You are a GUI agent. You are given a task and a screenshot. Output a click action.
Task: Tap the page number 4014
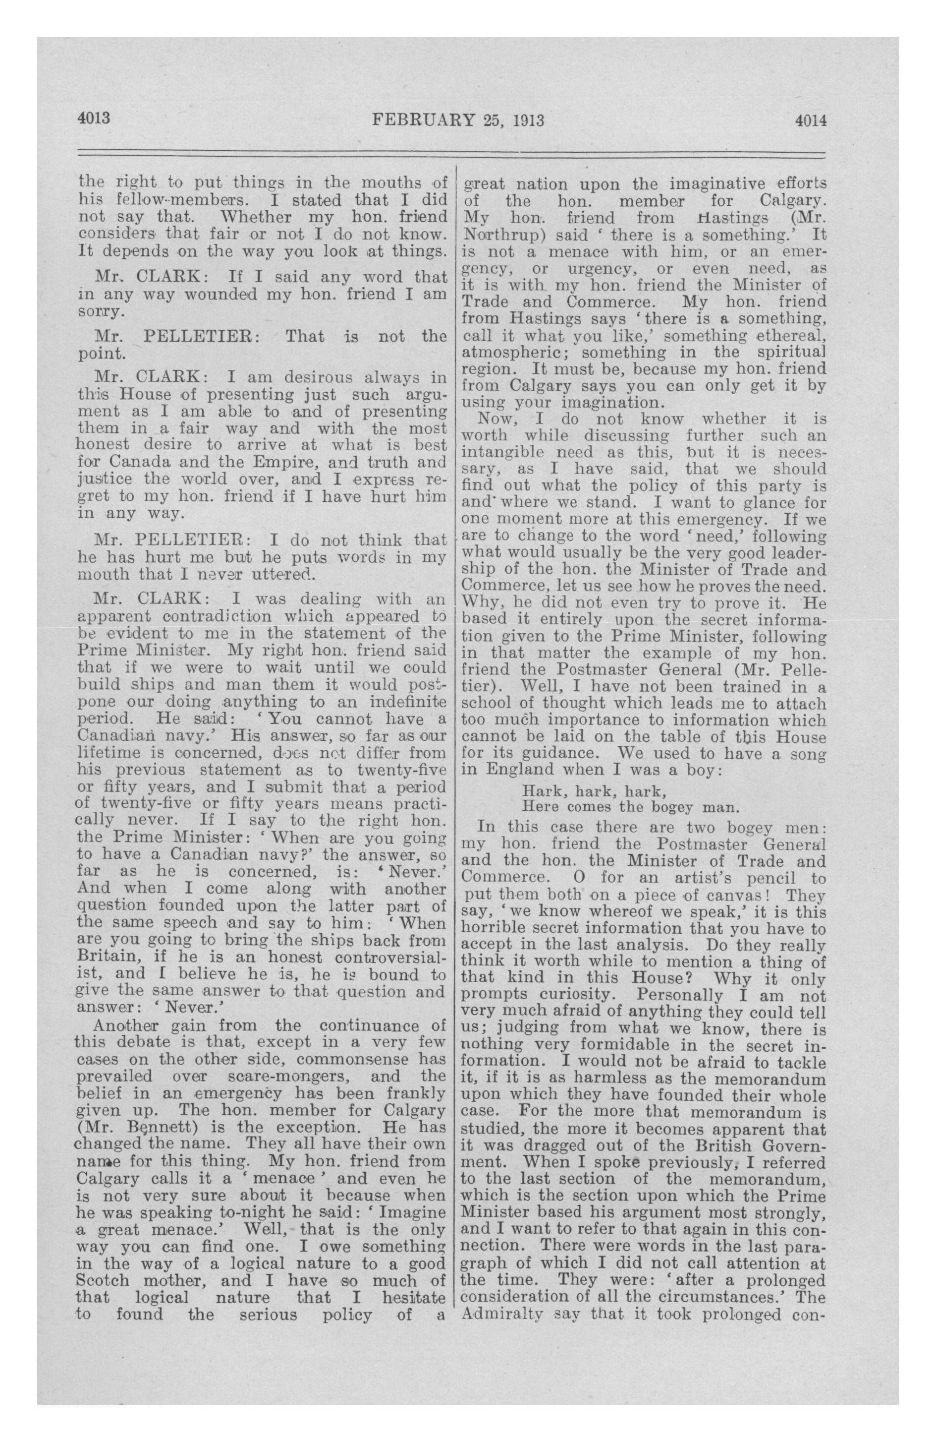[x=810, y=120]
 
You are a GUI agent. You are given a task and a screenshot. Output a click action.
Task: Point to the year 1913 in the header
[x=528, y=120]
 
